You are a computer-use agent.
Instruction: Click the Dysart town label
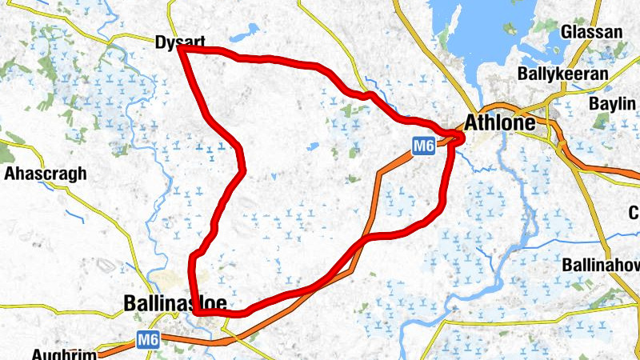(180, 41)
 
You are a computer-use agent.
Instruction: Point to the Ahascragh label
(46, 174)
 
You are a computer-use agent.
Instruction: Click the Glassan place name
(591, 32)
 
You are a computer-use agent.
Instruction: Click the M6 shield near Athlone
(424, 146)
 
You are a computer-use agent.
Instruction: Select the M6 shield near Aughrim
(148, 339)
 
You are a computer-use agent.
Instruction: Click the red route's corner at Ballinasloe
(197, 312)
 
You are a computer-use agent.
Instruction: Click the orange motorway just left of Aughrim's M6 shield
(120, 346)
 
